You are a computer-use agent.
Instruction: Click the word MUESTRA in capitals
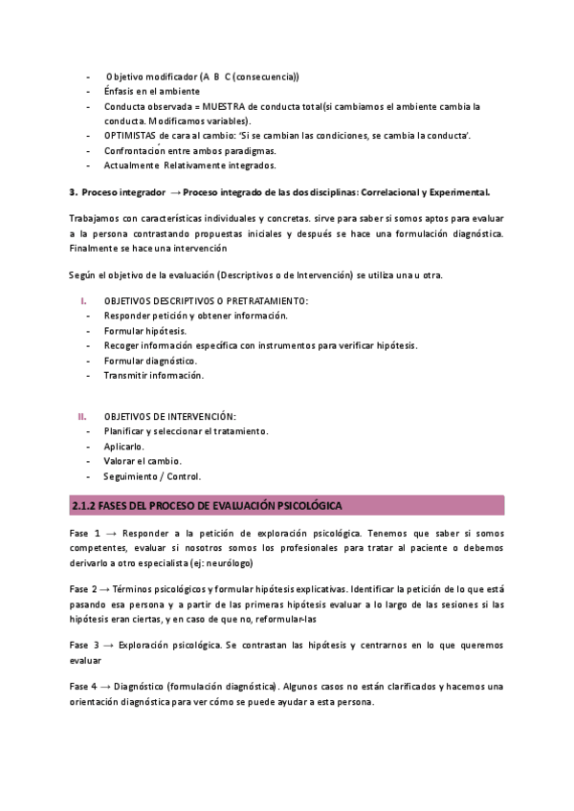tap(226, 106)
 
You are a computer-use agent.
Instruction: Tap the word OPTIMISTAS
tap(133, 136)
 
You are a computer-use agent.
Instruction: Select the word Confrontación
tap(136, 151)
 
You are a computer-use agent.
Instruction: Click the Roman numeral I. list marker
tap(82, 301)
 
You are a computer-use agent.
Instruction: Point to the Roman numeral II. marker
tap(82, 416)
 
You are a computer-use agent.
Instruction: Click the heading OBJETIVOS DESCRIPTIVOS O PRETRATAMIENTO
tap(206, 301)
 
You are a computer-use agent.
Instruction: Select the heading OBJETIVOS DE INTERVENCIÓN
tap(169, 416)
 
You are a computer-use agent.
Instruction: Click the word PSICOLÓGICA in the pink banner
tap(309, 505)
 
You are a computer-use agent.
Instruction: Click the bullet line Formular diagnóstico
tap(150, 361)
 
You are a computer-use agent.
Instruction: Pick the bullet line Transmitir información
tap(153, 376)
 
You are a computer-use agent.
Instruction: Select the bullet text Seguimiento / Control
tap(152, 476)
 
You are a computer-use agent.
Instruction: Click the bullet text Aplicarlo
tap(124, 447)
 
